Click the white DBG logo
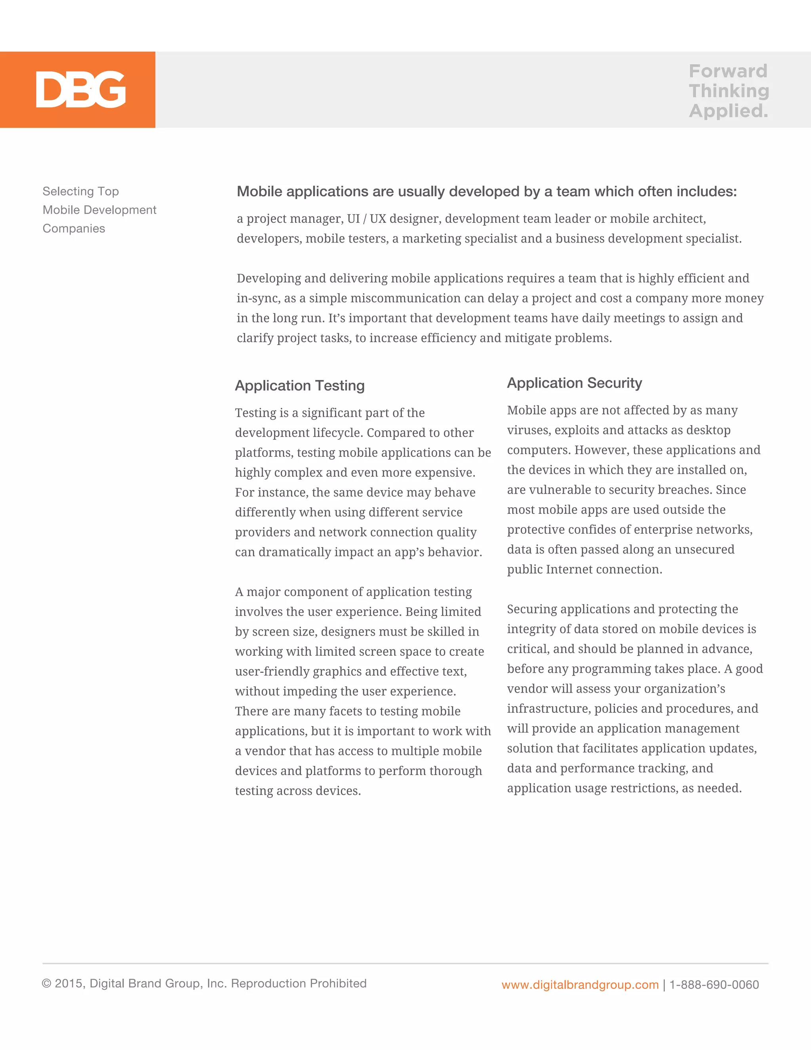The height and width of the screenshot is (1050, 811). point(81,90)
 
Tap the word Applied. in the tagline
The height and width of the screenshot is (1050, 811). point(728,111)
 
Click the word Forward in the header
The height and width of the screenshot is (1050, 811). point(728,71)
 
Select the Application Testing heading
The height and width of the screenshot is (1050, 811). point(300,386)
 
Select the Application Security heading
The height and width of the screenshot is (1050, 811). point(574,383)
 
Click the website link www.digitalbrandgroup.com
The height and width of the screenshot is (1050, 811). point(580,985)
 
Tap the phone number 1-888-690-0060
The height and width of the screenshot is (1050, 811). point(714,985)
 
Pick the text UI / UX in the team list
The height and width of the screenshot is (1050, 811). point(363,219)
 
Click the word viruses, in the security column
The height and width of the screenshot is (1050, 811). point(529,430)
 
